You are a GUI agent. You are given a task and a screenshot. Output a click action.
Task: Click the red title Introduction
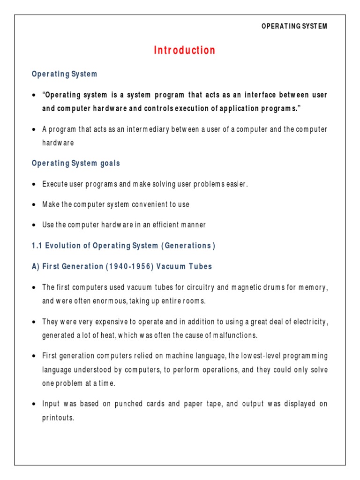pyautogui.click(x=185, y=51)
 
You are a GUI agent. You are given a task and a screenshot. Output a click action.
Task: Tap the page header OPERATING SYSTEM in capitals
pyautogui.click(x=294, y=26)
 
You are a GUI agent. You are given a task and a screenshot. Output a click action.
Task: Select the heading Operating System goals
pyautogui.click(x=75, y=164)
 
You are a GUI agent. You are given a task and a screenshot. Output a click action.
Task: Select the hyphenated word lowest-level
pyautogui.click(x=255, y=356)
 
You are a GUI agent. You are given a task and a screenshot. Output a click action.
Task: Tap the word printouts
pyautogui.click(x=58, y=418)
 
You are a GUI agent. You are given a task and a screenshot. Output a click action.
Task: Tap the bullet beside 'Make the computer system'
pyautogui.click(x=34, y=205)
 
